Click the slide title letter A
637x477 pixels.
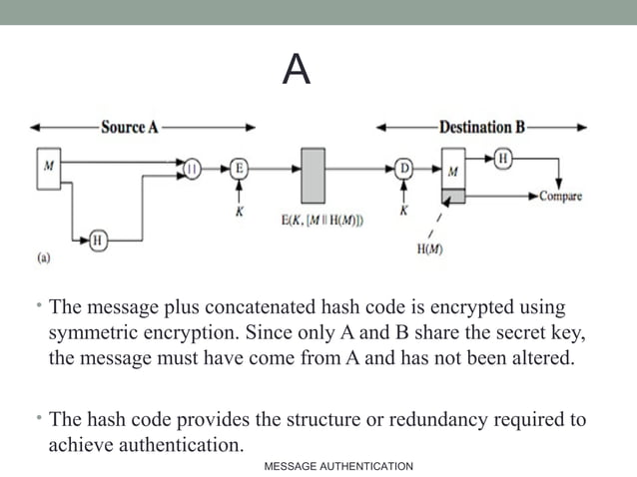[296, 69]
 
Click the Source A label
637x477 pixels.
[130, 128]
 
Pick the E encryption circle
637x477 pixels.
[239, 170]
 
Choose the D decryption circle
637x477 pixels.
[404, 170]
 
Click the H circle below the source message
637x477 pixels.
[98, 238]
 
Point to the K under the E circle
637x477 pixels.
[240, 212]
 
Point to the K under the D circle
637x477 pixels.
[404, 212]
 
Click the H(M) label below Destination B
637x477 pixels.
[431, 249]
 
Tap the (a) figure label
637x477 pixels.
[45, 256]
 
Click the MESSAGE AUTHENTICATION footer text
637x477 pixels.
[337, 466]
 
